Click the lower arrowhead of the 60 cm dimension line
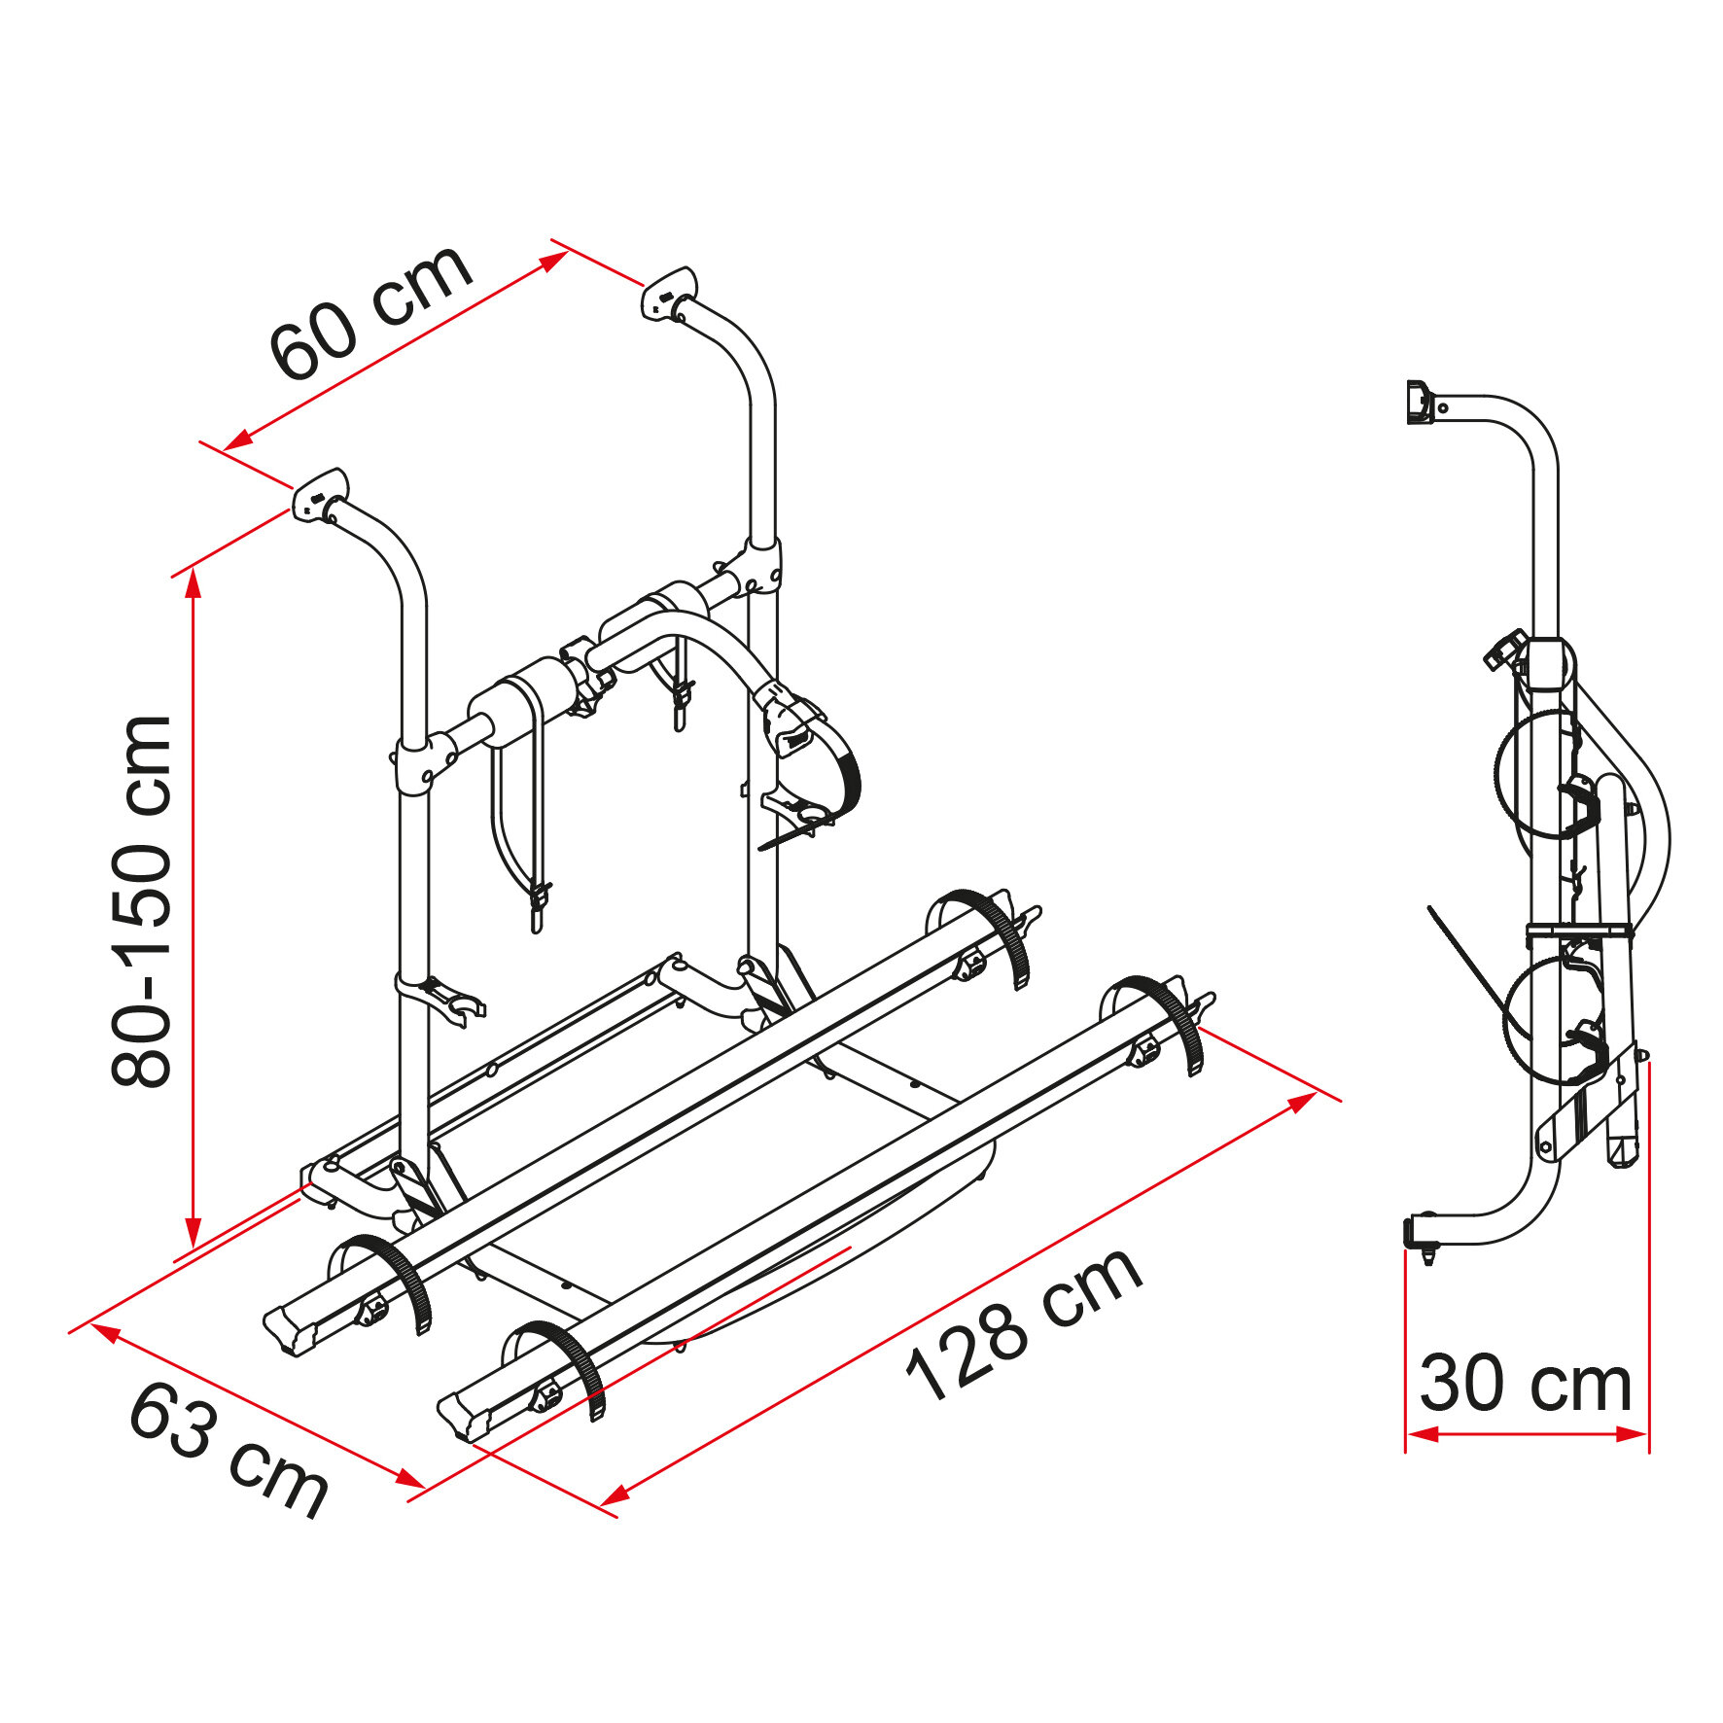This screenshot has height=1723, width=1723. tap(236, 441)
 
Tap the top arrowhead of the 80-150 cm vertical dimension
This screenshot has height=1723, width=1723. tap(193, 581)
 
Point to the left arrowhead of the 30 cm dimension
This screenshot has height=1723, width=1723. tap(1422, 1434)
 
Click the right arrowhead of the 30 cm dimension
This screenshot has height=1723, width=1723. tap(1633, 1434)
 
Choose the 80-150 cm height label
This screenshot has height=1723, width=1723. tap(142, 901)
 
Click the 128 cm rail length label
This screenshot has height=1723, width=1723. tap(1022, 1325)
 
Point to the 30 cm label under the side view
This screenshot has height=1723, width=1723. tap(1525, 1384)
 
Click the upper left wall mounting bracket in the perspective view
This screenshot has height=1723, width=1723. tap(320, 494)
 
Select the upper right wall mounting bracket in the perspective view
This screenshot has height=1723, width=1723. tap(669, 292)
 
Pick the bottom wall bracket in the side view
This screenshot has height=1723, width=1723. tap(1421, 1235)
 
